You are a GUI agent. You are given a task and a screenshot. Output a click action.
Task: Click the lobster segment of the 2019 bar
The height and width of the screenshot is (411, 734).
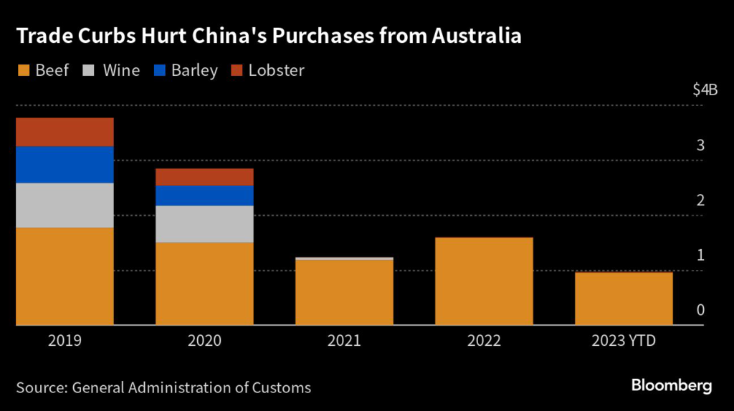click(65, 132)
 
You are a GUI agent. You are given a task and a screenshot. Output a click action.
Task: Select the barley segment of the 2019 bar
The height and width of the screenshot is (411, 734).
click(65, 165)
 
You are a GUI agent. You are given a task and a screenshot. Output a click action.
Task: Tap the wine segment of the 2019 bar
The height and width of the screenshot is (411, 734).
click(65, 205)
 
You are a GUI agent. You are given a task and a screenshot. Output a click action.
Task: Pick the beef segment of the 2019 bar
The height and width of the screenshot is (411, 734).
click(65, 276)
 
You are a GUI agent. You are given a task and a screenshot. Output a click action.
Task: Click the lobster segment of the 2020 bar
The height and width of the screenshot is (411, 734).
click(204, 177)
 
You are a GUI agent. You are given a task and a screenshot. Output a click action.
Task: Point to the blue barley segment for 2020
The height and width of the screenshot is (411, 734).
click(204, 195)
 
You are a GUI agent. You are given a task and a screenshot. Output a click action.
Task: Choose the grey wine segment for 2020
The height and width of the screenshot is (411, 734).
click(204, 224)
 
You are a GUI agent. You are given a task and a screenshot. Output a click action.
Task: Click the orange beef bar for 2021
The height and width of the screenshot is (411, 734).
click(344, 292)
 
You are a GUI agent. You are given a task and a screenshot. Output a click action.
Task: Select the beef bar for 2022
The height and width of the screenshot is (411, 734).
click(484, 281)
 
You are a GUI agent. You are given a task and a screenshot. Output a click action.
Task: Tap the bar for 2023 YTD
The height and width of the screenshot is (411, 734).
click(624, 299)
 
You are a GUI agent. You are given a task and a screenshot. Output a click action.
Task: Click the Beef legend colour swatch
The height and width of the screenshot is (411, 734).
click(23, 70)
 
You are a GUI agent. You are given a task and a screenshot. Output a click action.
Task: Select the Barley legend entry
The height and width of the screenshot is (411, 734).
click(186, 70)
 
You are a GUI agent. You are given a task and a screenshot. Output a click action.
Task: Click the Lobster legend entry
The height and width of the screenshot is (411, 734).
click(268, 70)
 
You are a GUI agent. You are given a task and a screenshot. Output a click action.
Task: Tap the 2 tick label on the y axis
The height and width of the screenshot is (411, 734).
click(700, 200)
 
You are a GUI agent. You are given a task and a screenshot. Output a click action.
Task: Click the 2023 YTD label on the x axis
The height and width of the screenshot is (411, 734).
click(624, 341)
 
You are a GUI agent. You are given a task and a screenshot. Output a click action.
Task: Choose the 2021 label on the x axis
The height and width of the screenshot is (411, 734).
click(344, 341)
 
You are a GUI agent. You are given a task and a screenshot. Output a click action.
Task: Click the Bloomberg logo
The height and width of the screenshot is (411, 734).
click(672, 386)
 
